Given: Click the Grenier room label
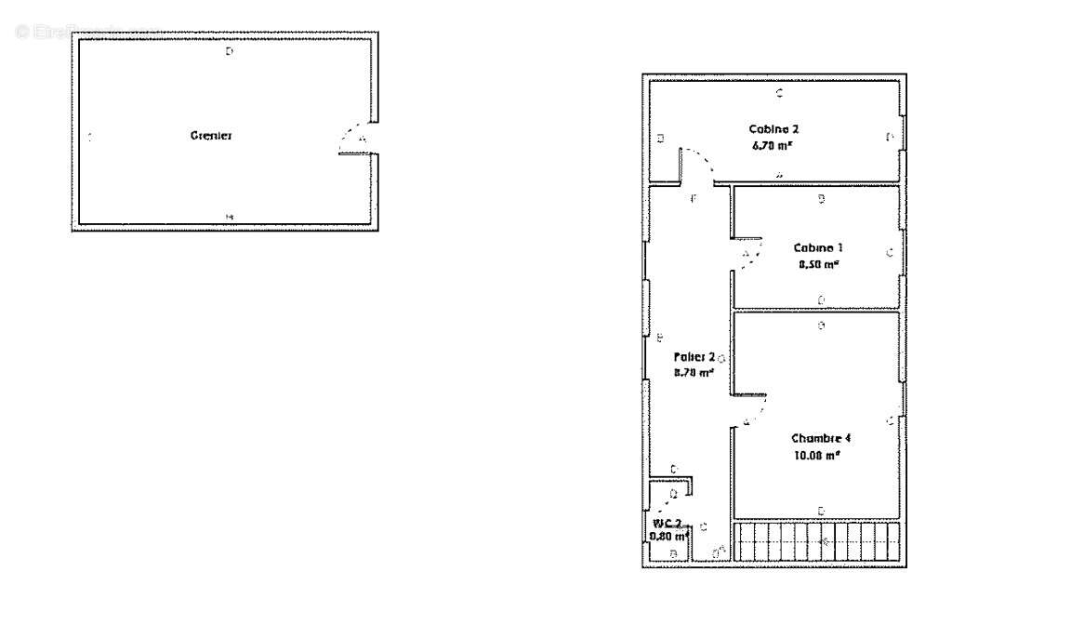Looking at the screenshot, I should point(211,136).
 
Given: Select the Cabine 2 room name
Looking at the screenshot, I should point(773,128).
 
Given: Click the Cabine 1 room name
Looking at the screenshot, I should point(817,247).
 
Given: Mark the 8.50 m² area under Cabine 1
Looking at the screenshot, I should point(818,264).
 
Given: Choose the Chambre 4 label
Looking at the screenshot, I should point(821,438).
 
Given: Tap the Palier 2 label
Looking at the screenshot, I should point(694,356).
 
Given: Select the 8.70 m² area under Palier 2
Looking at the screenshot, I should point(694,372).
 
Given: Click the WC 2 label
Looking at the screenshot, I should point(667,523).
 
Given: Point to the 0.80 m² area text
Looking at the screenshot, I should point(668,536).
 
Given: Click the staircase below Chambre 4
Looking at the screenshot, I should point(818,540).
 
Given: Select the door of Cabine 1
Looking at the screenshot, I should point(749,253).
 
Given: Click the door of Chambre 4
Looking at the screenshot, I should point(752,409).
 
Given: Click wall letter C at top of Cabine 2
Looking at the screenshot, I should point(779,92).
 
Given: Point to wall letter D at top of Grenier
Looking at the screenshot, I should point(230,52).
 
